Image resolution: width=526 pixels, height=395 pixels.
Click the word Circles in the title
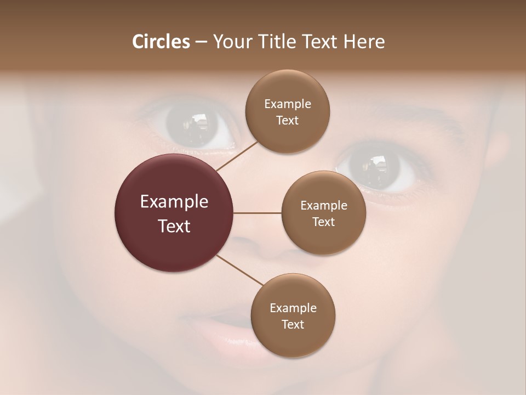pyautogui.click(x=161, y=42)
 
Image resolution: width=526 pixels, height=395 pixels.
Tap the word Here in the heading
pyautogui.click(x=364, y=42)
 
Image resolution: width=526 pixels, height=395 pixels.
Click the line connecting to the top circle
pyautogui.click(x=237, y=156)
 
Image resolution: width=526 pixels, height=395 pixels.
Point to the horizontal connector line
pyautogui.click(x=258, y=213)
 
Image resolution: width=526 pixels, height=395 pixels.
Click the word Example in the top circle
pyautogui.click(x=288, y=104)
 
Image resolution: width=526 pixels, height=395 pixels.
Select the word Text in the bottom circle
pyautogui.click(x=293, y=324)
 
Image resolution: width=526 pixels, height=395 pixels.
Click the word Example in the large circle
pyautogui.click(x=174, y=202)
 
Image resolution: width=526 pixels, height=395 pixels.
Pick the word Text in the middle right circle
pyautogui.click(x=323, y=222)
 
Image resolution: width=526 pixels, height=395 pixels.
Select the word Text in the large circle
pyautogui.click(x=174, y=226)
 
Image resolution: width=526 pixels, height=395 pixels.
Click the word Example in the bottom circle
pyautogui.click(x=293, y=308)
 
